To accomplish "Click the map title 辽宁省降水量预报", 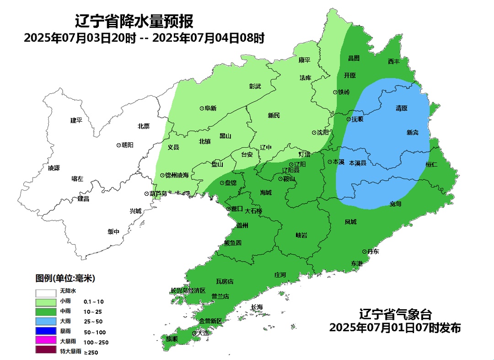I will click(x=134, y=21).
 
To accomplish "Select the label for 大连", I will click(x=203, y=333).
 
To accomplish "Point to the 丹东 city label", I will click(x=373, y=252).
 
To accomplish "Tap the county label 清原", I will click(x=402, y=108).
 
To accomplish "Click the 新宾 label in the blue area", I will click(x=412, y=133).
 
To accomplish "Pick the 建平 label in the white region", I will click(x=76, y=120).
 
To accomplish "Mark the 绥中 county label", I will click(x=113, y=231).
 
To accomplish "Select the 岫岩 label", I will click(x=301, y=235).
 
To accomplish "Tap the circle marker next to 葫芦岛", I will click(x=146, y=193).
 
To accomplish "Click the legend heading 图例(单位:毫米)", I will click(x=65, y=278).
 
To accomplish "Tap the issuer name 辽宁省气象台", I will click(x=395, y=315).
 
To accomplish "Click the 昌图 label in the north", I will click(x=354, y=58).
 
